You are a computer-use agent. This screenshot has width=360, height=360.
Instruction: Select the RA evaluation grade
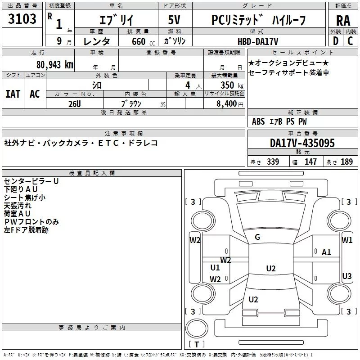343,20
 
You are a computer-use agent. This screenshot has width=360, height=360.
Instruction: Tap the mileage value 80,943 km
54,64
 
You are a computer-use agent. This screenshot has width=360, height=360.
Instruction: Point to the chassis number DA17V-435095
302,143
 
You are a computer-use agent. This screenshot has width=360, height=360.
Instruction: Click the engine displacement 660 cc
136,41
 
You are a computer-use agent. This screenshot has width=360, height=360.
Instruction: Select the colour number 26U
75,104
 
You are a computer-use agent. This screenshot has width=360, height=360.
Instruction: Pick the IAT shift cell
13,94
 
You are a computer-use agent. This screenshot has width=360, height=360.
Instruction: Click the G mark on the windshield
257,237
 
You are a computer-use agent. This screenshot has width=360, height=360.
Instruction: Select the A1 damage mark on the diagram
326,252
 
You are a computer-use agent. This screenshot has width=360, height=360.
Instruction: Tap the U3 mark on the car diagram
347,276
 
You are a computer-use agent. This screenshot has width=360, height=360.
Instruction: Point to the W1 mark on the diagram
347,240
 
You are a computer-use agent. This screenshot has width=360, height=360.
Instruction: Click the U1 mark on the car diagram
215,268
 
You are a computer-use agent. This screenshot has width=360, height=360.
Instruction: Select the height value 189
346,162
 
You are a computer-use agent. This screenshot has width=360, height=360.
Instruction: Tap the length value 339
273,162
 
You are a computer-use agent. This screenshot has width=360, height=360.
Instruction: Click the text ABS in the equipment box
258,121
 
